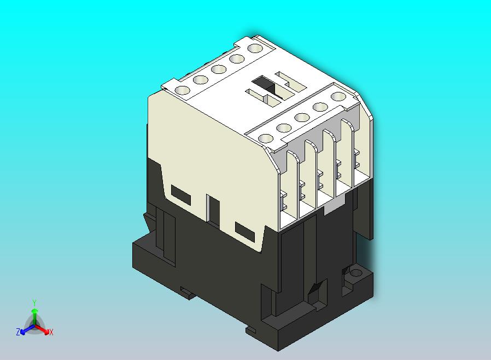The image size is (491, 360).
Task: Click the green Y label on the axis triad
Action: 34,303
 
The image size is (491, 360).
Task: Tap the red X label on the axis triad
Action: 51,332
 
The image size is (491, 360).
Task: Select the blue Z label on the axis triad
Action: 18,332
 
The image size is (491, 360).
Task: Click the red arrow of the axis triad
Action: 44,330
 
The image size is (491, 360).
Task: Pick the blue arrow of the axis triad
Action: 25,330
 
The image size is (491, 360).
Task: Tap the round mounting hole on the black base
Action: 356,272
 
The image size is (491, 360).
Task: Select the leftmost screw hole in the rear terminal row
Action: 183,90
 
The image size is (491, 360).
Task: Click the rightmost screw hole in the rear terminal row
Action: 254,48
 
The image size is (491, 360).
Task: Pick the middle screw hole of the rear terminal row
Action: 218,69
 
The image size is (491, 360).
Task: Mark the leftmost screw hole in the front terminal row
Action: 266,138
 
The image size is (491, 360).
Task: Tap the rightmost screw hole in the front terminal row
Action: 338,97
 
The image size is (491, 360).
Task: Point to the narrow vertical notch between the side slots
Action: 213,208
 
